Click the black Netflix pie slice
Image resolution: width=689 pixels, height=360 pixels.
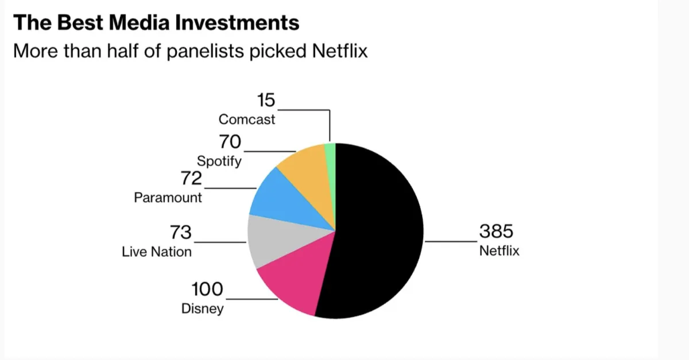pos(379,229)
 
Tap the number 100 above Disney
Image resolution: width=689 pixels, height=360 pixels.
pos(207,289)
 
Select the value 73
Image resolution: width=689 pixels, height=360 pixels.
pos(180,233)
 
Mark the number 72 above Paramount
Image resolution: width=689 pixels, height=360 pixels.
pos(191,179)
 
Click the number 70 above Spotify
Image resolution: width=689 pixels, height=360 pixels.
pos(230,142)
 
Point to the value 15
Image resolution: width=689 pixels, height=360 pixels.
pos(266,101)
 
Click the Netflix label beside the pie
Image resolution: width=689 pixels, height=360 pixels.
pos(499,251)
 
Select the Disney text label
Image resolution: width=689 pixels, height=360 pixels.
pos(202,308)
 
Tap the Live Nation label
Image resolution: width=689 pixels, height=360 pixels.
pos(157,252)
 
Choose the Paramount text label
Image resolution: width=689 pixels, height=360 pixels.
pos(168,198)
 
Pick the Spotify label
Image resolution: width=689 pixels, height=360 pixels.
pos(219,161)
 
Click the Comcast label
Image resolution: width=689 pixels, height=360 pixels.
pos(247,120)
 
